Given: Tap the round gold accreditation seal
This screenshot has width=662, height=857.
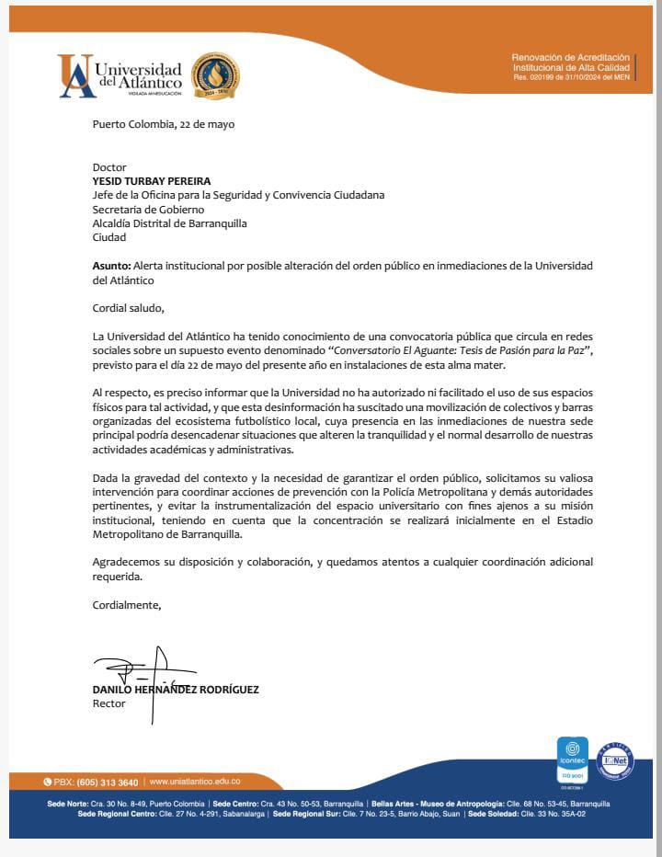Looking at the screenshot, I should (x=214, y=76).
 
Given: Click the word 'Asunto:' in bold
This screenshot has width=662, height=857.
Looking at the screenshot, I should (x=112, y=265).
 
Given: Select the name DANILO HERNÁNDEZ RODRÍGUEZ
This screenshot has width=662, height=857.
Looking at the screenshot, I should (x=176, y=690).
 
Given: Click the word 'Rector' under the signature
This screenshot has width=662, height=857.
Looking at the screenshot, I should (x=109, y=703).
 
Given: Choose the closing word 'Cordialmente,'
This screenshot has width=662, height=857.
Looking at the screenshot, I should (x=127, y=604).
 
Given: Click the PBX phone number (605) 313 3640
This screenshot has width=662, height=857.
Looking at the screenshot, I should (x=108, y=783).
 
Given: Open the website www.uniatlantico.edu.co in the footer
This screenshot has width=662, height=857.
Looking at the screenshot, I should (x=194, y=783).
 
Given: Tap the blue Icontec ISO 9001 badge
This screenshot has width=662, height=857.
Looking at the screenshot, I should (x=573, y=760).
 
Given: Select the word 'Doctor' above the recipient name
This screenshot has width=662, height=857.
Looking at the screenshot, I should (x=109, y=167).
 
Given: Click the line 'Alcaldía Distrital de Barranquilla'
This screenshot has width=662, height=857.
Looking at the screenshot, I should (x=170, y=223).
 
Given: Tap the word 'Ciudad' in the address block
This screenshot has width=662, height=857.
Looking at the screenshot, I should (x=109, y=237).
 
